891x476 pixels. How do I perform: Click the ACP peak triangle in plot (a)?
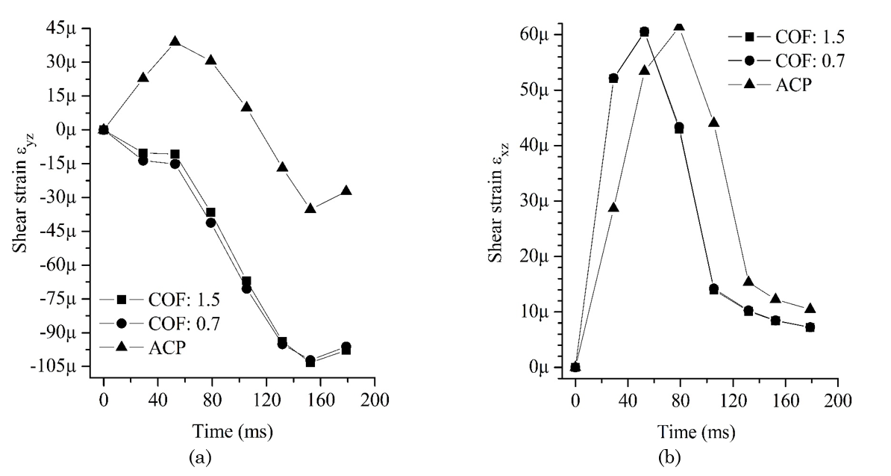pos(175,41)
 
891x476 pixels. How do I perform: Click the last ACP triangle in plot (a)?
pos(346,191)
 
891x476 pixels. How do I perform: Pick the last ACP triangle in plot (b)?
pos(810,309)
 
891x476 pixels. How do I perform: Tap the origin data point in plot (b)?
pos(575,367)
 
